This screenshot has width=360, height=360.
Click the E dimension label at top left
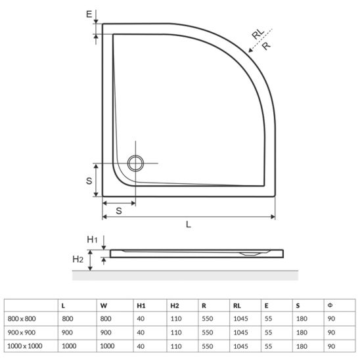pyautogui.click(x=89, y=14)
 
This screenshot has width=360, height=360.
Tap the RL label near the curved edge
pyautogui.click(x=258, y=34)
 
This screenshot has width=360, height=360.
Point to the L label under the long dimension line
pyautogui.click(x=189, y=224)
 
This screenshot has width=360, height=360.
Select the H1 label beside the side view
pyautogui.click(x=92, y=240)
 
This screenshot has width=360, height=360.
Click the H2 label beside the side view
pyautogui.click(x=78, y=259)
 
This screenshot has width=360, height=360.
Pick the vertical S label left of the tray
pyautogui.click(x=89, y=181)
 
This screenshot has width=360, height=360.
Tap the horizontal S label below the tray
pyautogui.click(x=119, y=211)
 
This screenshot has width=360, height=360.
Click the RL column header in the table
pyautogui.click(x=237, y=305)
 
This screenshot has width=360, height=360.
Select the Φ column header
pyautogui.click(x=330, y=305)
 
